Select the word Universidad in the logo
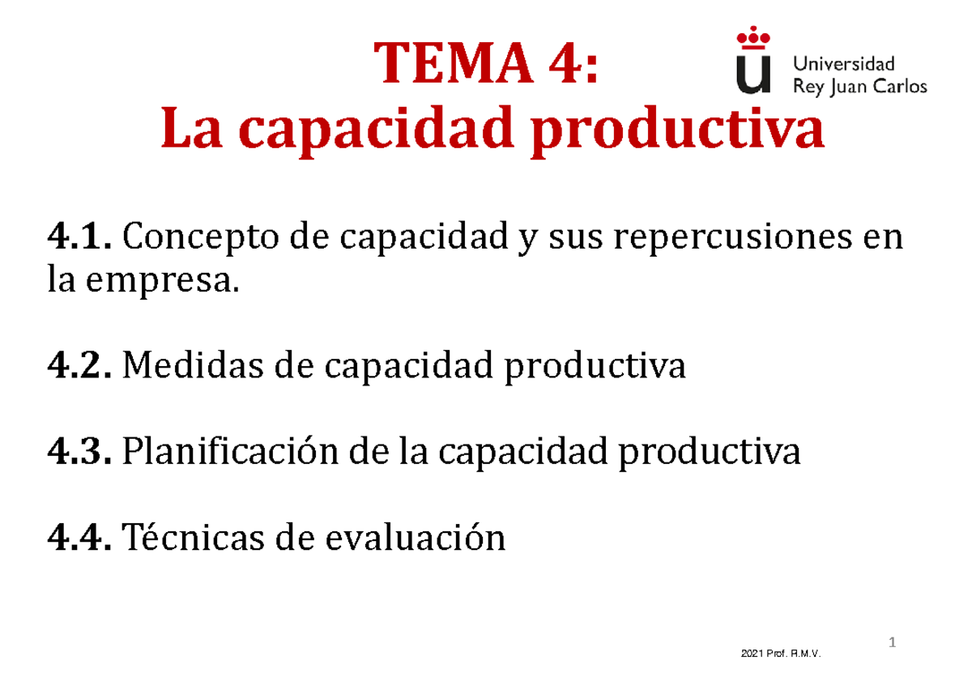click(x=842, y=63)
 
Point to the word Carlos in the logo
click(x=897, y=87)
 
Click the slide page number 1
click(x=893, y=644)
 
